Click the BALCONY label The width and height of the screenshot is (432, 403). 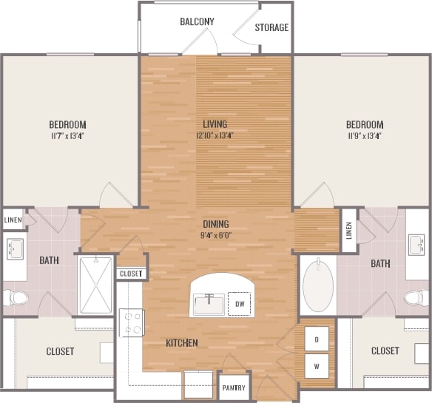[x=197, y=21]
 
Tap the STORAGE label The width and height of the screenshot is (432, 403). [x=271, y=28]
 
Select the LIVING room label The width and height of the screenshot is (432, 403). [x=215, y=124]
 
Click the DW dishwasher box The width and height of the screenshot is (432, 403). [x=239, y=303]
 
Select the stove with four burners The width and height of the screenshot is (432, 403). [x=132, y=322]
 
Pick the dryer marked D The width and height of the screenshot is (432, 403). [x=317, y=340]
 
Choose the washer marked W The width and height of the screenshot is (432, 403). [x=317, y=365]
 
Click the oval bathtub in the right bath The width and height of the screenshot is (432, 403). [x=318, y=284]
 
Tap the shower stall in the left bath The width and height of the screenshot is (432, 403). [x=96, y=285]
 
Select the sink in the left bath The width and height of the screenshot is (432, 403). [x=15, y=247]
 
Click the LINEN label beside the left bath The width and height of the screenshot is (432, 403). [x=13, y=220]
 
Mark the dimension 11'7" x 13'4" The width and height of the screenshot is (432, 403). [x=68, y=136]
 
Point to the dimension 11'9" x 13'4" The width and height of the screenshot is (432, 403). [x=365, y=136]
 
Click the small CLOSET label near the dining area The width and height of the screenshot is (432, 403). [x=130, y=274]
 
